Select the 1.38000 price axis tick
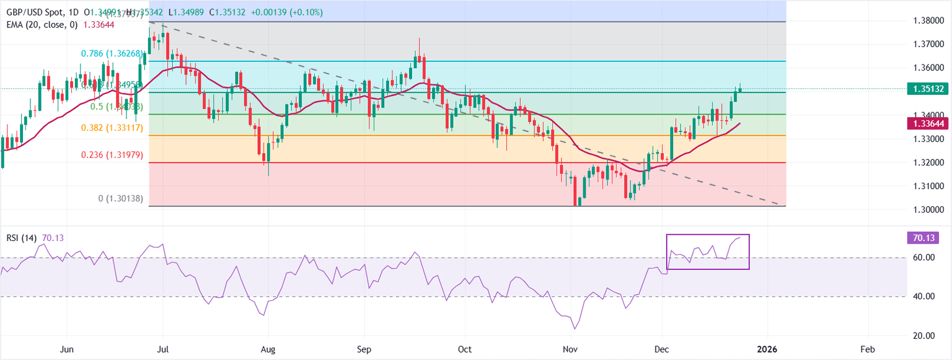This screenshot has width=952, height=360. tap(928, 21)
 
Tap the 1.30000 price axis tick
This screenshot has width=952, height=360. tap(928, 209)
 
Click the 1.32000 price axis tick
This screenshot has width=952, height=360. tap(928, 162)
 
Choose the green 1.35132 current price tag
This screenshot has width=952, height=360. tap(928, 89)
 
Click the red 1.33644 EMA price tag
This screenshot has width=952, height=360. tap(928, 125)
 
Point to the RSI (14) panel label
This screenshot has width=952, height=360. tap(20, 237)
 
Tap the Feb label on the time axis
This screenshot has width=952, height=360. tap(868, 349)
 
